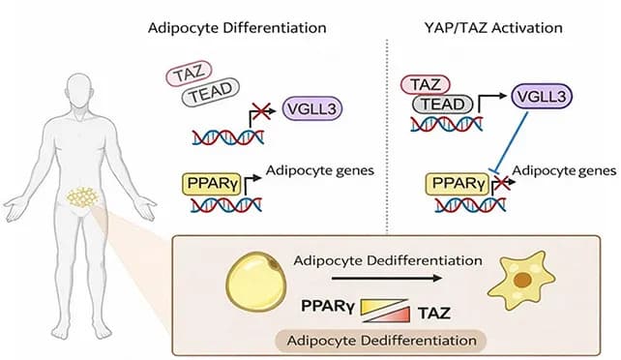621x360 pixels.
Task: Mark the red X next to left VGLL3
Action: (x=256, y=114)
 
